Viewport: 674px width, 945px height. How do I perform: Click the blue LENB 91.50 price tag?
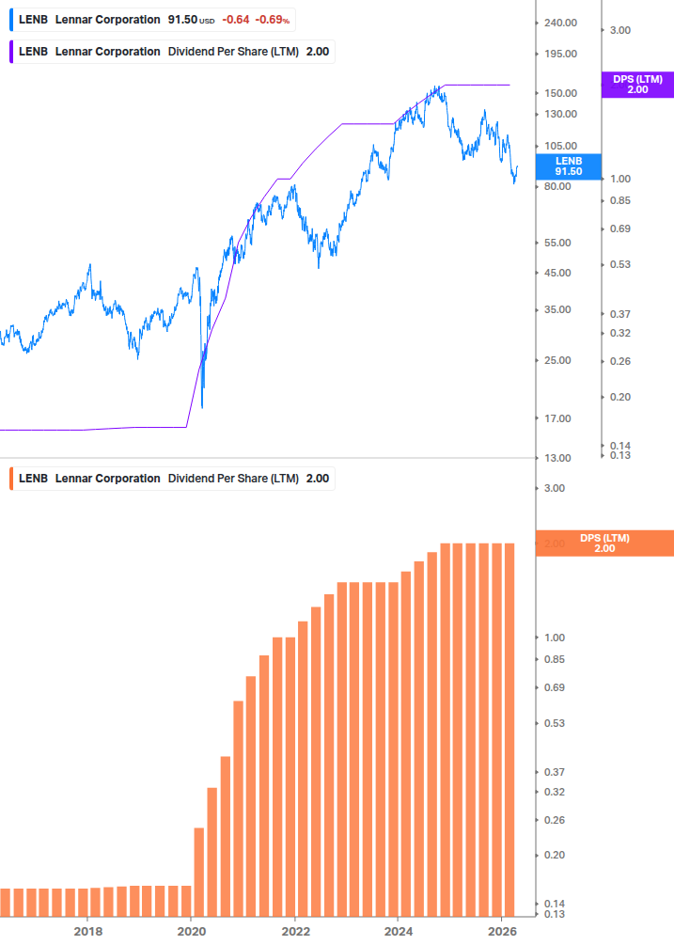[x=569, y=166]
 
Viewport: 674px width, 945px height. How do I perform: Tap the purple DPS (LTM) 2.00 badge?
[x=637, y=85]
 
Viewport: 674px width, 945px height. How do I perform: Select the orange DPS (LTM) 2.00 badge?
[x=604, y=543]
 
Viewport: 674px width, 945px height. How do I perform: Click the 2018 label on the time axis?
[x=87, y=931]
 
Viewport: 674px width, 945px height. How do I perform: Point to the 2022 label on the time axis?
[x=295, y=931]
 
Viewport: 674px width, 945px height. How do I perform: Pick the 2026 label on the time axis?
[x=503, y=931]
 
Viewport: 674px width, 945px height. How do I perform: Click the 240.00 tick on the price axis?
[x=560, y=23]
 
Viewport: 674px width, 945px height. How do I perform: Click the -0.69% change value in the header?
[x=274, y=20]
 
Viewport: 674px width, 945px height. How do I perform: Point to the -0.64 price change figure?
[x=237, y=20]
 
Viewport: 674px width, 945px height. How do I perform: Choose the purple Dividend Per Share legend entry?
[x=173, y=52]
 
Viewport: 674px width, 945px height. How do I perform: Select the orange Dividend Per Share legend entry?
[x=173, y=479]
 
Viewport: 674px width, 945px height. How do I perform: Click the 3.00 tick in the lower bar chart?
[x=554, y=488]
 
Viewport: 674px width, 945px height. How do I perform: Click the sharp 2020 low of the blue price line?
[x=203, y=406]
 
